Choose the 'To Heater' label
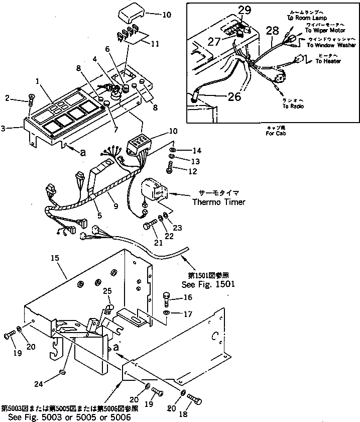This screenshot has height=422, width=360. (328, 61)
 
